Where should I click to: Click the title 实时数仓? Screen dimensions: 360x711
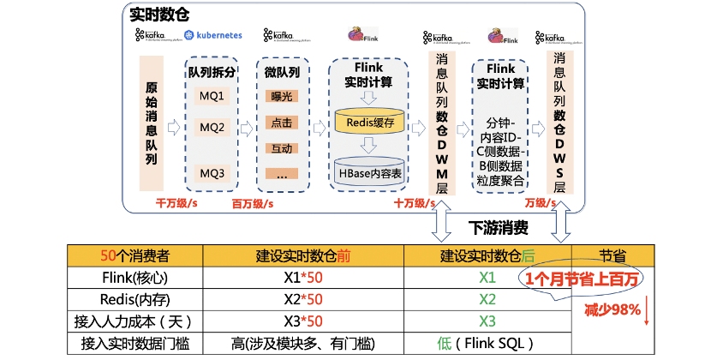click(x=160, y=15)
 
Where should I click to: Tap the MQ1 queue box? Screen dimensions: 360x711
click(x=212, y=95)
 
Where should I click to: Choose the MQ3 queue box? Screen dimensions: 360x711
click(x=212, y=173)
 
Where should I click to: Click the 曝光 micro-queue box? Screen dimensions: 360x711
click(x=281, y=97)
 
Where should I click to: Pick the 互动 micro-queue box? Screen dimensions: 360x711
click(x=281, y=148)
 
